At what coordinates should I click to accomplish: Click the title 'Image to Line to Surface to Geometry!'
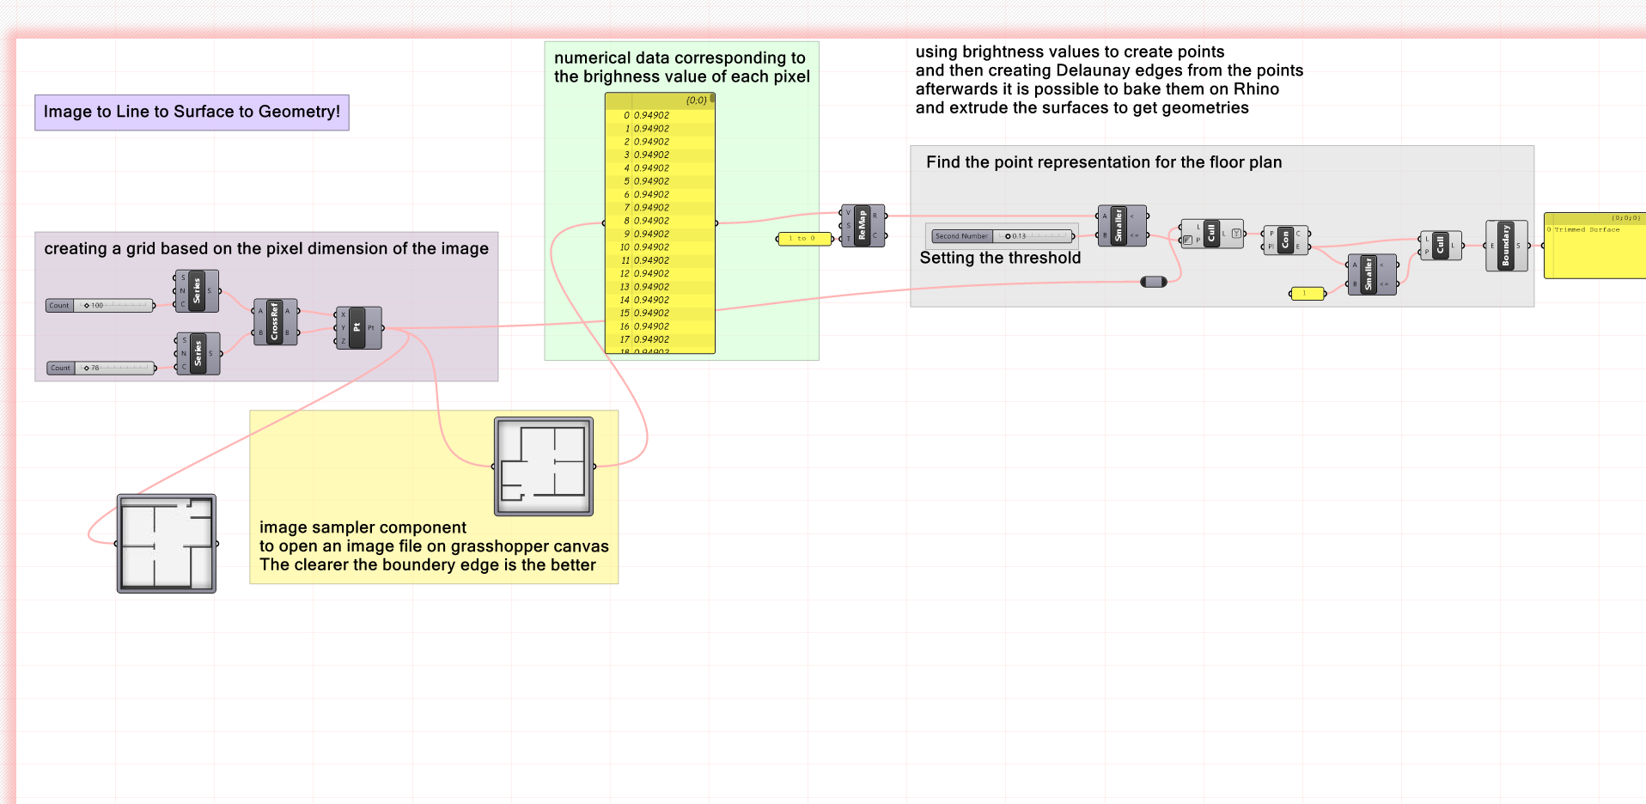192,112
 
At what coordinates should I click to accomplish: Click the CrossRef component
275,322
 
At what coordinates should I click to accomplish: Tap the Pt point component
357,327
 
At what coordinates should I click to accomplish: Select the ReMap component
863,226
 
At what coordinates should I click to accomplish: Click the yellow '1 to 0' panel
804,239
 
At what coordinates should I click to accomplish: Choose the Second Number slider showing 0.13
1002,236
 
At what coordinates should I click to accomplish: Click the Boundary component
1506,246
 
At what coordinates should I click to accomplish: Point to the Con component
1285,241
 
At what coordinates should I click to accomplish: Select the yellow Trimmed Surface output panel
1594,246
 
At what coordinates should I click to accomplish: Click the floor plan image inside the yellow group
544,466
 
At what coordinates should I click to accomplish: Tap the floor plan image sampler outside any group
167,543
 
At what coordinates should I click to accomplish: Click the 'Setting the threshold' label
1000,258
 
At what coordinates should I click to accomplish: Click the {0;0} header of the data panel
696,100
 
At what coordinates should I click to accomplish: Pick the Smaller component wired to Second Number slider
1119,226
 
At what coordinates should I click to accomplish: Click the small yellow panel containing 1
1307,294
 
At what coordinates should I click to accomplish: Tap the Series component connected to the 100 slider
197,291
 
